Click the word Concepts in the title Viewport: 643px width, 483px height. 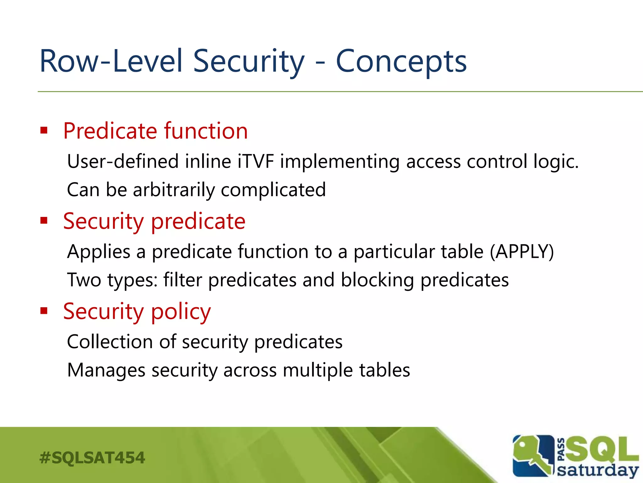tap(401, 62)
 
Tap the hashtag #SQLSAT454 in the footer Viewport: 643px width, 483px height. tap(92, 458)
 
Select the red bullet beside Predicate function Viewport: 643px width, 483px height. tap(44, 130)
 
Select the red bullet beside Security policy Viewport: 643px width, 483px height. tap(44, 311)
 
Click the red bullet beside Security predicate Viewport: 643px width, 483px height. tap(44, 220)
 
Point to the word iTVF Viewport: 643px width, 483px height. tap(256, 162)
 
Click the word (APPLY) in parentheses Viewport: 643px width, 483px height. tap(522, 252)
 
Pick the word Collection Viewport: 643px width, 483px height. tap(110, 342)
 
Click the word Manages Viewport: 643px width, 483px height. tap(106, 370)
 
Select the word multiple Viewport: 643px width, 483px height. tap(318, 370)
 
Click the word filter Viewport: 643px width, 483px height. tap(182, 280)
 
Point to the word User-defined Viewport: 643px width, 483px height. tap(123, 162)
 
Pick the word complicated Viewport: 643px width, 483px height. tap(273, 190)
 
